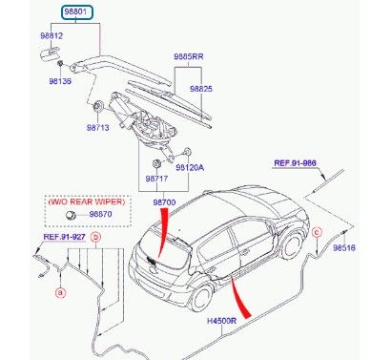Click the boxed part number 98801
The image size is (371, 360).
76,12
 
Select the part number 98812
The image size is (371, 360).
52,35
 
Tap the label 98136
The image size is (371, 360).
60,81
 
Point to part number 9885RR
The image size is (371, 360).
189,56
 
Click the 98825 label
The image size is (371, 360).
201,89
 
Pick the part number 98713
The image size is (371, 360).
98,128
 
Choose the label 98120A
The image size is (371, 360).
190,167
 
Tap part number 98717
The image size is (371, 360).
156,179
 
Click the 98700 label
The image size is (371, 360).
164,202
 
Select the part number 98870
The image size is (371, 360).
100,214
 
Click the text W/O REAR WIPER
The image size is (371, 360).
87,201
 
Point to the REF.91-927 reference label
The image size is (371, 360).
64,237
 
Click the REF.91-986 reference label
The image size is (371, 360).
296,163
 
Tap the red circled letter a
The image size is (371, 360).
60,292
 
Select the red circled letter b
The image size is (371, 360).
96,237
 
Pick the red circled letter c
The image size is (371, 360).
317,233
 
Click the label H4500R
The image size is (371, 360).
222,321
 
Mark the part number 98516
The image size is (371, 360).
344,247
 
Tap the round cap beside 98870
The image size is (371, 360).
71,215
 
